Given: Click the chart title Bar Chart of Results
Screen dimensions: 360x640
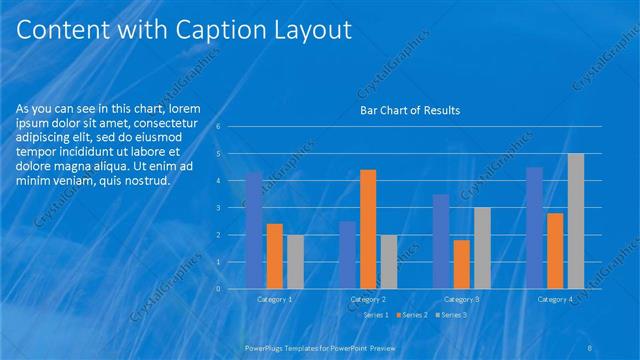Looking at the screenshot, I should tap(410, 111).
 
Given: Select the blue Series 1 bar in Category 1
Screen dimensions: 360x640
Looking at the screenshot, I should tap(254, 230).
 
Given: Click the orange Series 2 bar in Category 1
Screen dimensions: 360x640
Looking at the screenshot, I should tap(275, 256).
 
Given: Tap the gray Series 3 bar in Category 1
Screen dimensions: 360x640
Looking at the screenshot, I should tap(295, 262).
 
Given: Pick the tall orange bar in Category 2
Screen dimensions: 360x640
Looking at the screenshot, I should tap(368, 229).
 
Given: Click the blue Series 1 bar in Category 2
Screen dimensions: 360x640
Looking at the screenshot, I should tap(347, 255).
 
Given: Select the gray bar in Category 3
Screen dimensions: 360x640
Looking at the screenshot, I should tap(482, 248).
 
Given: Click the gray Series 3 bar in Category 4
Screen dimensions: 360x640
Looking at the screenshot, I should tap(576, 221).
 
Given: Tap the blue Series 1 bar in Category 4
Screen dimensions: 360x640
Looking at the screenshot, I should tap(534, 228).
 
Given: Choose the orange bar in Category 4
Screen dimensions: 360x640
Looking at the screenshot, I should tap(555, 251).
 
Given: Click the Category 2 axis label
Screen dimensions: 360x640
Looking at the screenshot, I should tap(368, 299).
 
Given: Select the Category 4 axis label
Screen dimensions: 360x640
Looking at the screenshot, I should tap(555, 299).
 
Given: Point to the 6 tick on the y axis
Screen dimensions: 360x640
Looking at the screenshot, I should tap(231, 127).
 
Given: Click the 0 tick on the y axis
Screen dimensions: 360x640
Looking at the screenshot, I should tap(231, 289).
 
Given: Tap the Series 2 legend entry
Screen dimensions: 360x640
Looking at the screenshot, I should tap(415, 316).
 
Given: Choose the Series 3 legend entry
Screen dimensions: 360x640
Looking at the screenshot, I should tap(452, 316).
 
